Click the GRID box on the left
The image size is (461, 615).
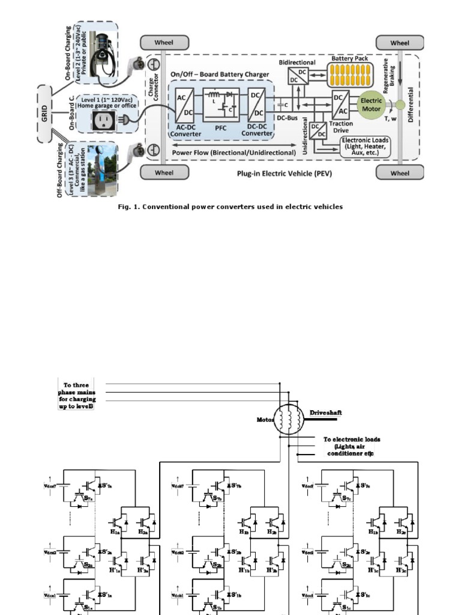[46, 114]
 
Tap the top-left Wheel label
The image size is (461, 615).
[164, 43]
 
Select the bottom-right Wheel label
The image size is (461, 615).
[400, 173]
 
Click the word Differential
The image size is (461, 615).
[411, 105]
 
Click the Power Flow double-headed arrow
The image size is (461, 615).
[234, 145]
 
